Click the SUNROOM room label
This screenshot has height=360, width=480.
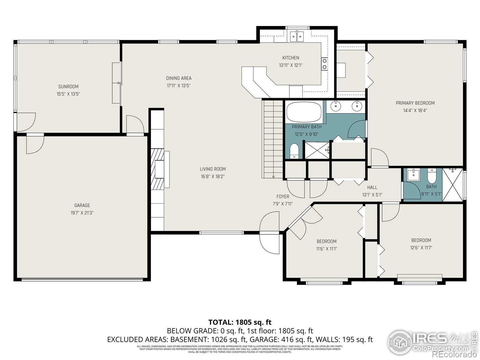coord(68,87)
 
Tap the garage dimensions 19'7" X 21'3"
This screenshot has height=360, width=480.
coord(82,213)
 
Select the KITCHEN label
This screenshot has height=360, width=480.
coord(290,58)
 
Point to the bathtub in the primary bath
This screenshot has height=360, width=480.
coord(304,112)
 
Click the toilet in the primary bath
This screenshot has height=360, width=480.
coord(295,151)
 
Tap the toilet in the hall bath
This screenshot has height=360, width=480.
coord(431,176)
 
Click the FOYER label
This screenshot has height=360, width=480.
coord(283,196)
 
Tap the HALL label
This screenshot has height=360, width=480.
coord(372,187)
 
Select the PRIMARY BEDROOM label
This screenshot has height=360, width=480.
coord(415,103)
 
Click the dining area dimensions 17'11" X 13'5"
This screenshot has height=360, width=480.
coord(179,85)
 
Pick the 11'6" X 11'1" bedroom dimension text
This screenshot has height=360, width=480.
coord(326,249)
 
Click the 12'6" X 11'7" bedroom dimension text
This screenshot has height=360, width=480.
coord(421,248)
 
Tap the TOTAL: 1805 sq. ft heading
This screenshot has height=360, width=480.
coord(240,322)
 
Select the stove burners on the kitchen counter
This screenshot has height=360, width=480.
coord(324,64)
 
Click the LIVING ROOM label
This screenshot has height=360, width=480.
coord(213,169)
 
